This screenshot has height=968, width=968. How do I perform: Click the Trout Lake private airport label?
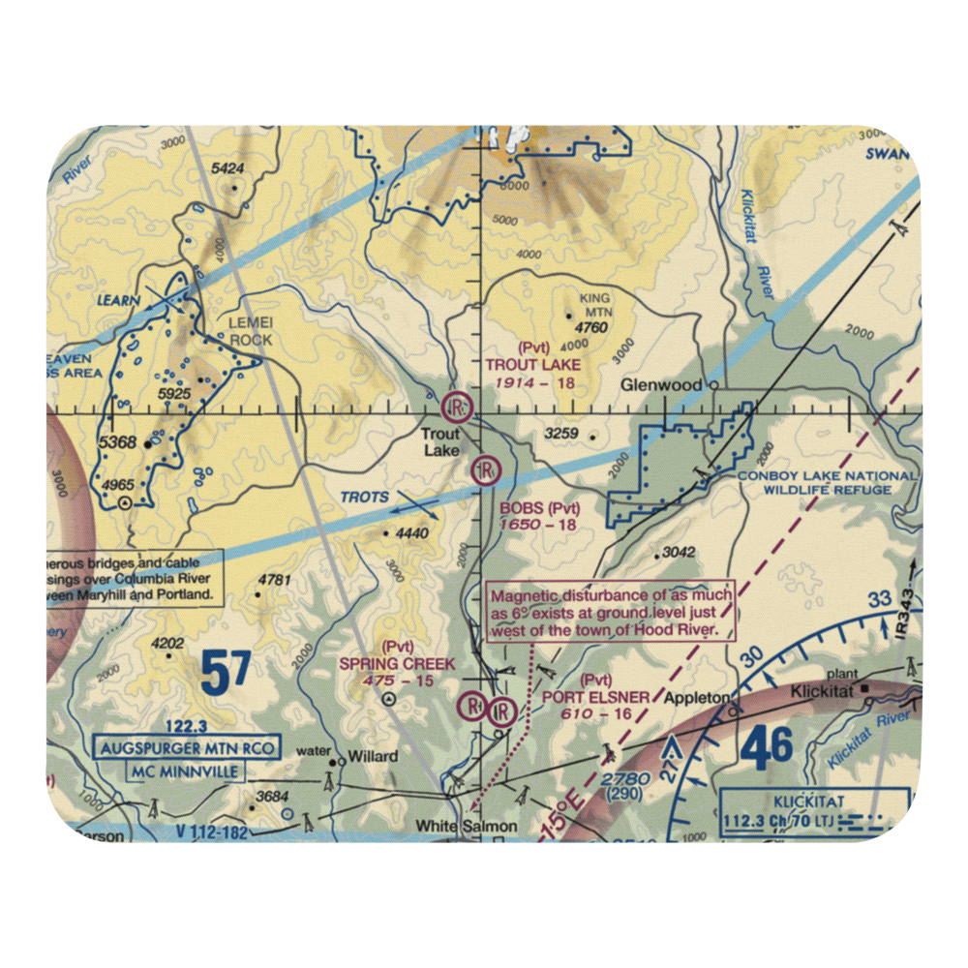coord(533,365)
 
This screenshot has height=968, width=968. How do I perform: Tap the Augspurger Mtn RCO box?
coord(188,748)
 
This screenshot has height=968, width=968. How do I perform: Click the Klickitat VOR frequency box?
coord(815,810)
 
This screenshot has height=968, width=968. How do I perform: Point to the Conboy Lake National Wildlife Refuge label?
coord(826,482)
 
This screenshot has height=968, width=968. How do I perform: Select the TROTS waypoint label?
coord(364,498)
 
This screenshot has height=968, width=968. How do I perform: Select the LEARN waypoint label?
coord(118,300)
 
